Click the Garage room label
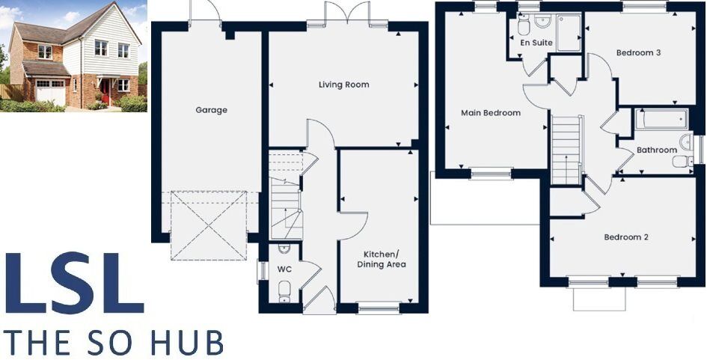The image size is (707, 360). (x=211, y=110)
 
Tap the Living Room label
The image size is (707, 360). (x=343, y=85)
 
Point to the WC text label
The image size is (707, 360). (x=284, y=268)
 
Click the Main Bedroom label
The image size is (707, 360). (x=490, y=113)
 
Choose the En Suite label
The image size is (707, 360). (x=536, y=43)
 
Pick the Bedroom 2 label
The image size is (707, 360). (x=626, y=237)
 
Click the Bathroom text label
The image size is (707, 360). (x=656, y=150)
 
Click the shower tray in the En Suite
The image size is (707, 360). (x=569, y=33)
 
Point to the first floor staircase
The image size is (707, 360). (x=566, y=148)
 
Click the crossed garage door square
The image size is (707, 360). (x=209, y=225)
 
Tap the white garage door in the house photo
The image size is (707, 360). (x=51, y=95)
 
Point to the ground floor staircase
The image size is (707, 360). (x=285, y=198)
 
